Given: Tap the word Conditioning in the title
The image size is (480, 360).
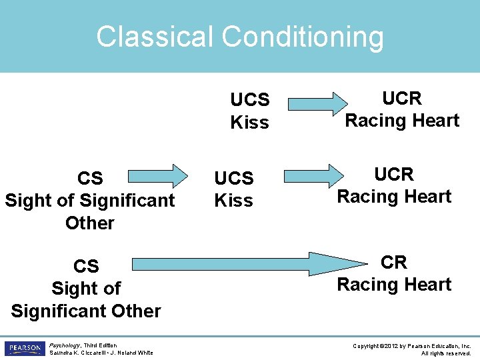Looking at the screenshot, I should click(303, 38).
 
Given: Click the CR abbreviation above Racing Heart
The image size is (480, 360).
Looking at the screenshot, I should click(393, 262).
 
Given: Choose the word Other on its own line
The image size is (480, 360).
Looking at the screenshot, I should click(90, 223).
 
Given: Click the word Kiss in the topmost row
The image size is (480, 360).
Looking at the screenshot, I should click(249, 123).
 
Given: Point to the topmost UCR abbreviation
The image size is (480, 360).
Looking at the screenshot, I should click(402, 99).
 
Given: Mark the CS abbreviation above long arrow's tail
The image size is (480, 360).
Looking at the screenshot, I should click(86, 266).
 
